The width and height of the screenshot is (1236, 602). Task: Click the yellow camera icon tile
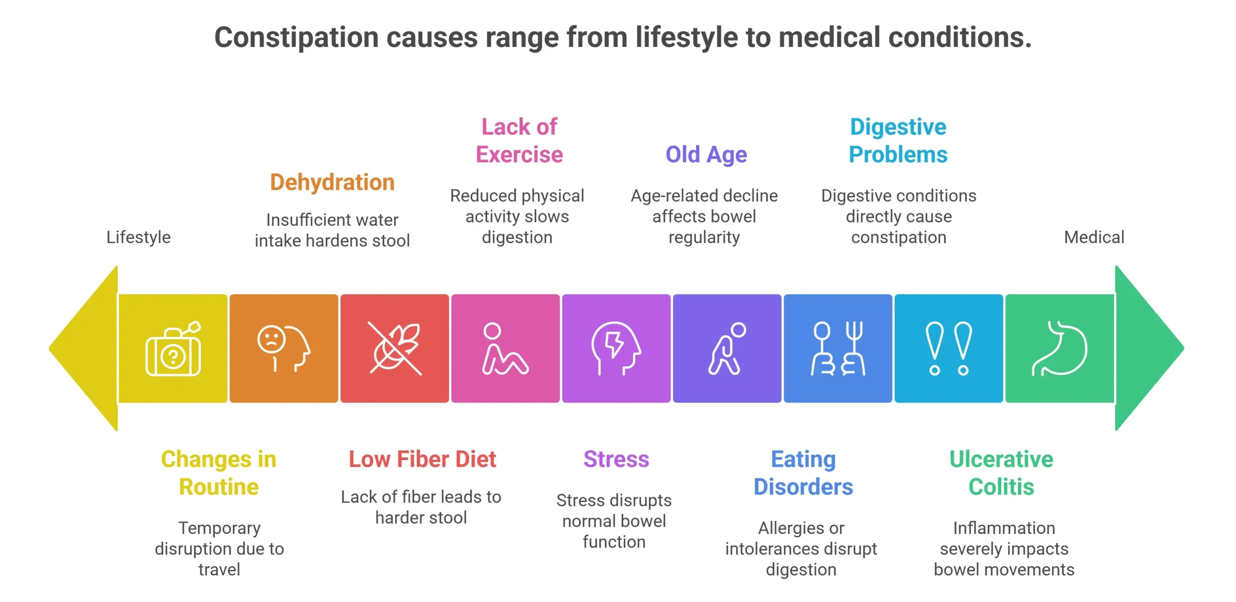[x=173, y=349]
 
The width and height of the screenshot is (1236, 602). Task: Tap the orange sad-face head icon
[x=283, y=349]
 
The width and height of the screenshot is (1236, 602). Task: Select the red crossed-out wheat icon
[x=394, y=349]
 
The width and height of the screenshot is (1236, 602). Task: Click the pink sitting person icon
[x=505, y=349]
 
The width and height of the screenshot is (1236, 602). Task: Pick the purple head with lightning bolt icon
[x=616, y=349]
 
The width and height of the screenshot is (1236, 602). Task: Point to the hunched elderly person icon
[x=727, y=349]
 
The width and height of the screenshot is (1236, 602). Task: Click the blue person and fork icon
[x=838, y=349]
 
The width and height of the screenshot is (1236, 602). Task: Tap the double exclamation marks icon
[x=948, y=349]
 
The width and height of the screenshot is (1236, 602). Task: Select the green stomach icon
[x=1059, y=349]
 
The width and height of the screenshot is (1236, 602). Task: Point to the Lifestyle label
[x=139, y=237]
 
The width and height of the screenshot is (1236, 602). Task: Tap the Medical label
[x=1094, y=237]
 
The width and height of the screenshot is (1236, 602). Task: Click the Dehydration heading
[x=332, y=182]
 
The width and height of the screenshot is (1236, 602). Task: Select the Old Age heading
[x=706, y=155]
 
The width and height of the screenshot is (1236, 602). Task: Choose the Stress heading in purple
[x=616, y=459]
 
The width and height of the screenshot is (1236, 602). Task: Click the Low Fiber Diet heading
[x=422, y=459]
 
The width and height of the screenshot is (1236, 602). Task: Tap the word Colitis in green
[x=1001, y=487]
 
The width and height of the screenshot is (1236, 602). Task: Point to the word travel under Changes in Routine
[x=219, y=570]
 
